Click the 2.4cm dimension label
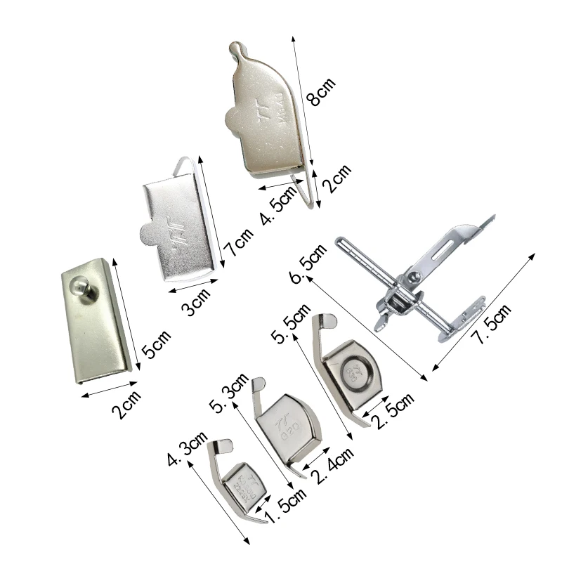[334, 465]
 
